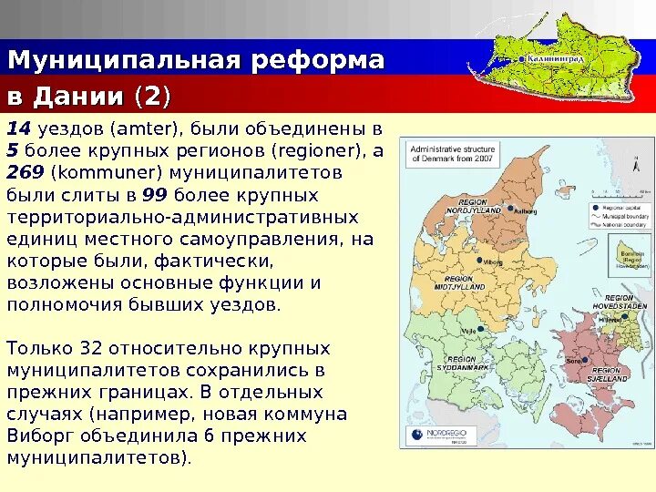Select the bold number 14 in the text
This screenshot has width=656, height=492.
click(18, 128)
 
